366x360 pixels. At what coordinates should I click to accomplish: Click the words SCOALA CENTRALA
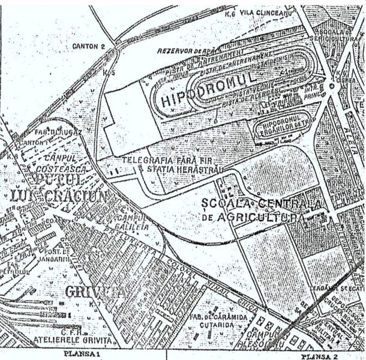click(x=263, y=203)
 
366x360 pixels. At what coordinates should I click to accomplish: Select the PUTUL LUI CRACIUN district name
click(x=57, y=187)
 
